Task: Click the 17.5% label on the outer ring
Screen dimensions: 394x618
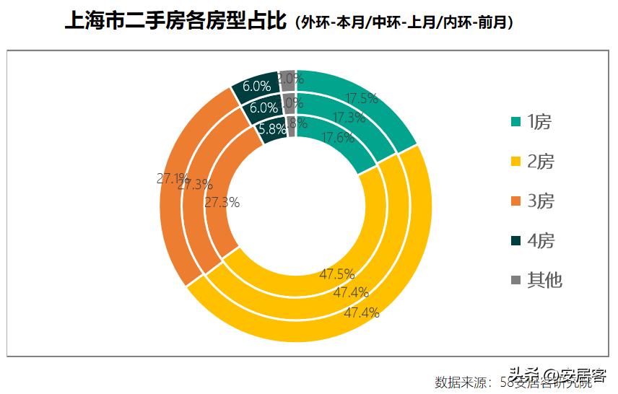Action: [362, 99]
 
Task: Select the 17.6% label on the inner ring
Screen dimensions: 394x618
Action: [337, 137]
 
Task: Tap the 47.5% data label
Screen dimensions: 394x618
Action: [337, 274]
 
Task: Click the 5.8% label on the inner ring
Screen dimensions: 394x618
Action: [272, 130]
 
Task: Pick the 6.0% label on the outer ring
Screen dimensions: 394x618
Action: [256, 86]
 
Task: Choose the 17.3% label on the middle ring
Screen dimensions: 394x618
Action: [349, 117]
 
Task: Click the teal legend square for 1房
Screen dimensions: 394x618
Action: [515, 122]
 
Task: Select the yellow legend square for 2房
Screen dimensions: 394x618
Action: [515, 162]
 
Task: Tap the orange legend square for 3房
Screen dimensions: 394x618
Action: [515, 201]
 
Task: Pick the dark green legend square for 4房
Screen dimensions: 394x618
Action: [515, 240]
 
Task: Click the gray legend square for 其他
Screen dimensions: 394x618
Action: [515, 280]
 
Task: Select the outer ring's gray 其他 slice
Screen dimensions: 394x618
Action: [287, 76]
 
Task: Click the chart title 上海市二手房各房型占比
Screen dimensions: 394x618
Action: [176, 22]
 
